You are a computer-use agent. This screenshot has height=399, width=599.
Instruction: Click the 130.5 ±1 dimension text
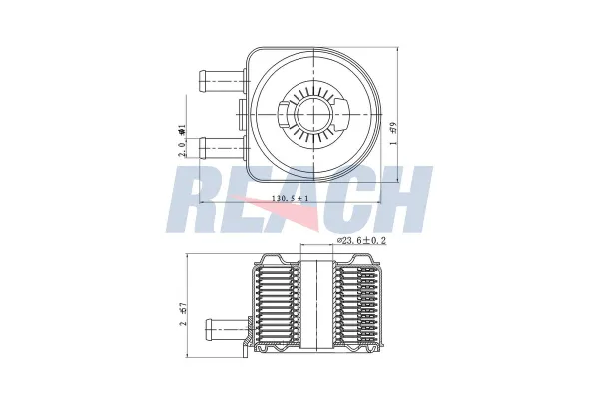(x=291, y=199)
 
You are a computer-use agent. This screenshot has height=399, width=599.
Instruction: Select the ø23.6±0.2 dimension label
(x=362, y=240)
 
